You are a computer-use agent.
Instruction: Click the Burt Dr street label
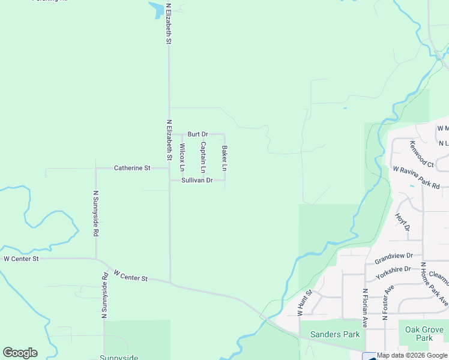coord(197,134)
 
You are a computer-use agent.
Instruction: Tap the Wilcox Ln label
coord(182,155)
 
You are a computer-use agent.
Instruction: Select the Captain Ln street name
coord(203,154)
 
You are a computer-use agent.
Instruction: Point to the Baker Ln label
coord(224,157)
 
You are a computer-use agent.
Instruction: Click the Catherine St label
coord(132,169)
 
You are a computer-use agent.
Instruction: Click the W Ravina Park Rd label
coord(417,178)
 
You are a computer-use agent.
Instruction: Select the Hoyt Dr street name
coord(403,221)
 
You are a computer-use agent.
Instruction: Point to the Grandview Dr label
coord(394,258)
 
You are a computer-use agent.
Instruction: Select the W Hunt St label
coord(305,303)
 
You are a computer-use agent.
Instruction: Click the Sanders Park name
coord(334,334)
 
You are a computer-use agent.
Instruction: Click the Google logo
coord(20,353)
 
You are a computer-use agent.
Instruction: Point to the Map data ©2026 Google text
coord(412,355)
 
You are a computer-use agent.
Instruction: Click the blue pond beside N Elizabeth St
coord(155,9)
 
